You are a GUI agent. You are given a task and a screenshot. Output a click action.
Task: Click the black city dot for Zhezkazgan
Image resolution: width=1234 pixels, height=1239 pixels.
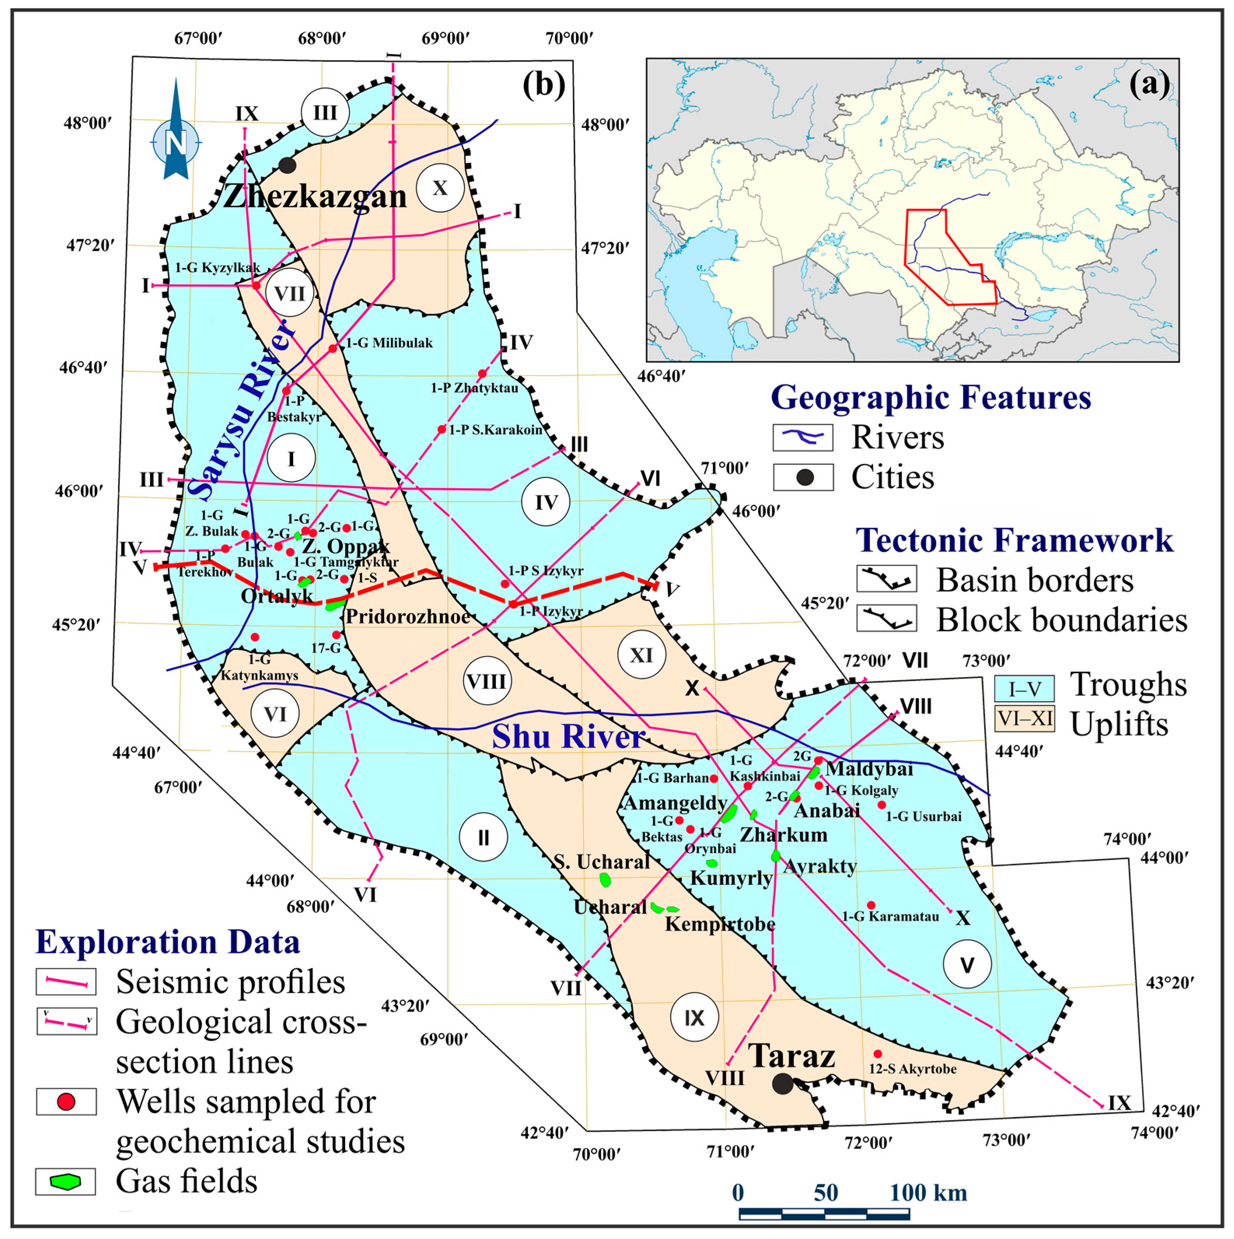click(287, 165)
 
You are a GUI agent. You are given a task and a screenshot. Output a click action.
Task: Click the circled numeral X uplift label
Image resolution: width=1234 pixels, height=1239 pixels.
click(440, 188)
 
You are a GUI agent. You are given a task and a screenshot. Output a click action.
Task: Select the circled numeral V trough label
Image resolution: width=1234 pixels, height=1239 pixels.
click(967, 964)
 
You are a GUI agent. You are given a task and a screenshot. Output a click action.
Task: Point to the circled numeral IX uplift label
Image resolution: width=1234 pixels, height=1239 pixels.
click(694, 1018)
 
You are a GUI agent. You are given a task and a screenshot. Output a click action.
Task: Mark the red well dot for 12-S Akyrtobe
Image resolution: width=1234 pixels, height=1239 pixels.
click(878, 1053)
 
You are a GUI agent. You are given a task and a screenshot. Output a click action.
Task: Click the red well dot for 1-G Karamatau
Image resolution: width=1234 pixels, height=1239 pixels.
click(871, 905)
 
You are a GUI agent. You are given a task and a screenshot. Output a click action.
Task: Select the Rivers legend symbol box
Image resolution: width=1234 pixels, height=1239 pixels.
click(803, 437)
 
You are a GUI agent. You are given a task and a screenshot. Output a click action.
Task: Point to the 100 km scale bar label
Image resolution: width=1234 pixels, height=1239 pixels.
click(928, 1192)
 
